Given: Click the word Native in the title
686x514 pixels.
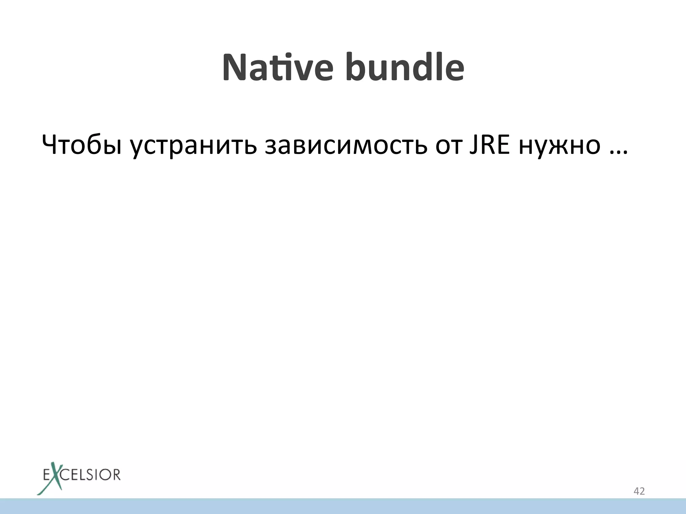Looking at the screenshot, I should point(277,68).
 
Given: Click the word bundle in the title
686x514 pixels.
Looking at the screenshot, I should point(405,68).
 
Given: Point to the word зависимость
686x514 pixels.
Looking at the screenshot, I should point(346,146).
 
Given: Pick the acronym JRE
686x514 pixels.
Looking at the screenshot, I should point(489,145).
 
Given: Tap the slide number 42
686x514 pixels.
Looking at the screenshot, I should point(639,491).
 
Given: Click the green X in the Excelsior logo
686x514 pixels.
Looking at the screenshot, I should point(54,477).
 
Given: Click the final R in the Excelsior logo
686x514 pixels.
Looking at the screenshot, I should point(116,475).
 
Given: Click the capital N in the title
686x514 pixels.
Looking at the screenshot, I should point(234,68).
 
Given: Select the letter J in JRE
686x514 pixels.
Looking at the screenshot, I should point(473,145).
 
